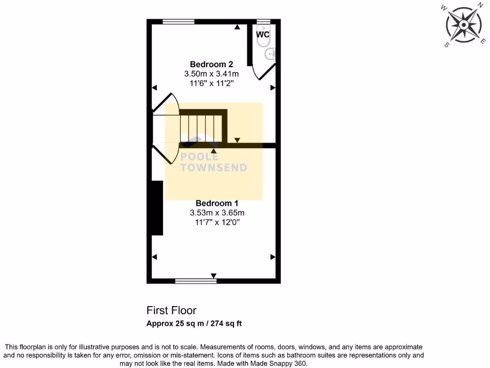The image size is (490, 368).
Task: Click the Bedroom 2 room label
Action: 211,64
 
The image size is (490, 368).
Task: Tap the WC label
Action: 263,35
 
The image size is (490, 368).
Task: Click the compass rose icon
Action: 463,24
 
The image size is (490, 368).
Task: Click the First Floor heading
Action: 171,310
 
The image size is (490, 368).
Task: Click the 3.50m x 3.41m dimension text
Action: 211,74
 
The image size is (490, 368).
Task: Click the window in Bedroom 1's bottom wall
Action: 189,281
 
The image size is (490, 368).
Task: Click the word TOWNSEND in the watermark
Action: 214,168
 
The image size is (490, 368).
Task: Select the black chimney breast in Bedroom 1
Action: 157,207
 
